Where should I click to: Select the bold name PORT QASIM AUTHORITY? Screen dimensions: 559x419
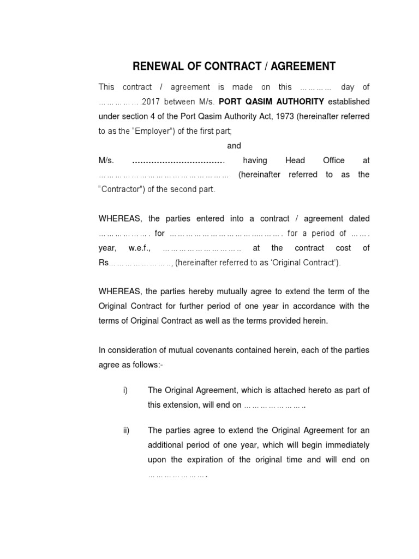(271, 102)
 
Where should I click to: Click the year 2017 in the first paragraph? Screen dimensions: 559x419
(151, 102)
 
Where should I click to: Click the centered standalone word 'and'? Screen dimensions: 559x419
(234, 146)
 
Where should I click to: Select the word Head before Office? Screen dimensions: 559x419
(296, 160)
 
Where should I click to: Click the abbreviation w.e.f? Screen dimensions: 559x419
(143, 248)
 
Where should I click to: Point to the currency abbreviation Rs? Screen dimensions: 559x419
(104, 263)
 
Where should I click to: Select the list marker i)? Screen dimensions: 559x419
(125, 390)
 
